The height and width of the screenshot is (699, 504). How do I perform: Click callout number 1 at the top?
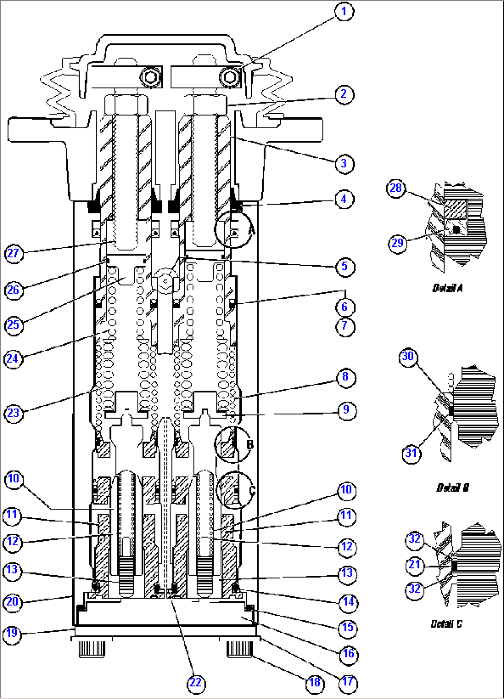pos(344,12)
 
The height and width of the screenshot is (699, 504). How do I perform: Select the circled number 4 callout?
pos(344,200)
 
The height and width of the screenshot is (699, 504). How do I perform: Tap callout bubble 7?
pos(344,326)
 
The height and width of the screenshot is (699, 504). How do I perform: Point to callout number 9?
pos(346,411)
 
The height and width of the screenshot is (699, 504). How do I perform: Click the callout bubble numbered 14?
pos(348,602)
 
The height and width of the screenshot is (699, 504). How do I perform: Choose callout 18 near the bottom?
pos(314,682)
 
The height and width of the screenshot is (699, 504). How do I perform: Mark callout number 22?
pos(196,683)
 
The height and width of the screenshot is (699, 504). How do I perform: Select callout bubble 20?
pos(12,602)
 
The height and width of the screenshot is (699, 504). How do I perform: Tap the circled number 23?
pos(13,412)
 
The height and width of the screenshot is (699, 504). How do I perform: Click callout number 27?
pos(13,253)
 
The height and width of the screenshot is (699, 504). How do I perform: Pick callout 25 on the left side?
pos(13,325)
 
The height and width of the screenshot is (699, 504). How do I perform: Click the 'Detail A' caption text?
pos(447,288)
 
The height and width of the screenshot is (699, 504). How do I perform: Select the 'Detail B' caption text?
pos(452,488)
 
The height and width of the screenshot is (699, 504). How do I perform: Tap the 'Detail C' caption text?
pos(446,624)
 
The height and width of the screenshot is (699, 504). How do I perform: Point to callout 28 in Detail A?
pos(396,188)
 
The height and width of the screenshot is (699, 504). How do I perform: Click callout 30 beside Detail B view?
pos(408,356)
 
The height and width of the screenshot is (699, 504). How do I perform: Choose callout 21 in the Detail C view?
pos(414,564)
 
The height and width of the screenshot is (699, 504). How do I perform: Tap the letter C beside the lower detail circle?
pos(252,491)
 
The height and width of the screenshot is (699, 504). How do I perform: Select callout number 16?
pos(348,654)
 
